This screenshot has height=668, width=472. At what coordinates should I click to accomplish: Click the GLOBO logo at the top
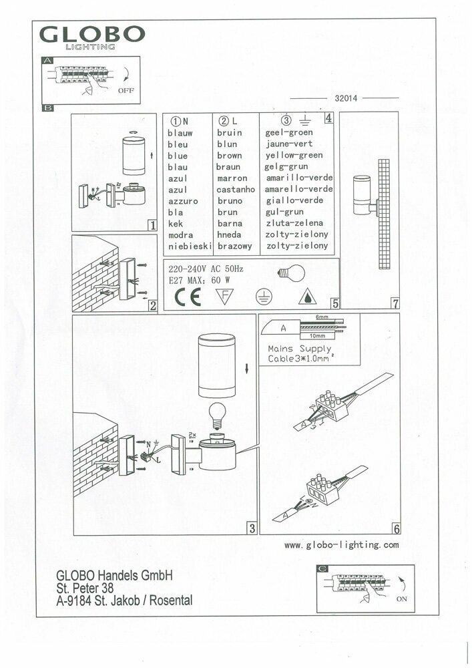click(x=91, y=36)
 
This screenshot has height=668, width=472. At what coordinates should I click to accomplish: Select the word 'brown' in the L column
click(x=230, y=156)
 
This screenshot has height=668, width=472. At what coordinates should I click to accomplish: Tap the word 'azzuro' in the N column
click(x=182, y=201)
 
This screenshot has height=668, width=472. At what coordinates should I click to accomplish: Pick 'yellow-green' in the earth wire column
click(x=294, y=156)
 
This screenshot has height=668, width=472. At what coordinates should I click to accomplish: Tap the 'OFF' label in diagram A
click(x=126, y=89)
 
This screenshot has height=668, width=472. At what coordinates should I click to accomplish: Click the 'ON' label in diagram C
click(x=401, y=599)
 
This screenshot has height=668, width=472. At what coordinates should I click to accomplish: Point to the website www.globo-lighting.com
click(x=342, y=545)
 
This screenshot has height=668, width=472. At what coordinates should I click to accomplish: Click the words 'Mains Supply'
click(x=300, y=349)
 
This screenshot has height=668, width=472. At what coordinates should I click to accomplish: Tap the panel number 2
click(x=152, y=307)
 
